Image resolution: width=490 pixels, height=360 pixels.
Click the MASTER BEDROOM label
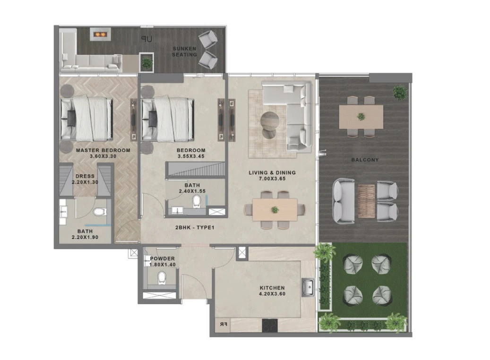[103, 150]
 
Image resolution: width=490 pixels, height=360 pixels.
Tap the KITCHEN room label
[272, 288]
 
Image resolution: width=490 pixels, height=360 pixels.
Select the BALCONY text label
[365, 160]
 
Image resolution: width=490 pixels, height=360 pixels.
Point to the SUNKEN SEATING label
[184, 51]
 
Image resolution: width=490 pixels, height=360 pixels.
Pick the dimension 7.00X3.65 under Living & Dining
[272, 179]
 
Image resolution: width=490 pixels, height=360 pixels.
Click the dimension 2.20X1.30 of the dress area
[85, 182]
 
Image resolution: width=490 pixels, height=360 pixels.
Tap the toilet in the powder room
[162, 277]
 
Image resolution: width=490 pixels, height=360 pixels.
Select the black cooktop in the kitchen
[270, 326]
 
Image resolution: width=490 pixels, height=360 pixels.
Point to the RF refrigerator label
[224, 325]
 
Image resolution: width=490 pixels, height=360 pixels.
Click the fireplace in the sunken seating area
[100, 34]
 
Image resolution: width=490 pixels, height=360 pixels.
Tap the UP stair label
[146, 39]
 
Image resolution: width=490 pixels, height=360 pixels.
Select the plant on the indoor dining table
[275, 210]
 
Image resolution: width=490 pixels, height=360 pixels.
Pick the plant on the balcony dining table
[361, 117]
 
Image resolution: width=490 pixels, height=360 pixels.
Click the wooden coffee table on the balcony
[366, 200]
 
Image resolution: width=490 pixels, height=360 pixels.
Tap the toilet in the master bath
[100, 212]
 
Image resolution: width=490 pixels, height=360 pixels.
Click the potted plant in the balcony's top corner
[400, 92]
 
